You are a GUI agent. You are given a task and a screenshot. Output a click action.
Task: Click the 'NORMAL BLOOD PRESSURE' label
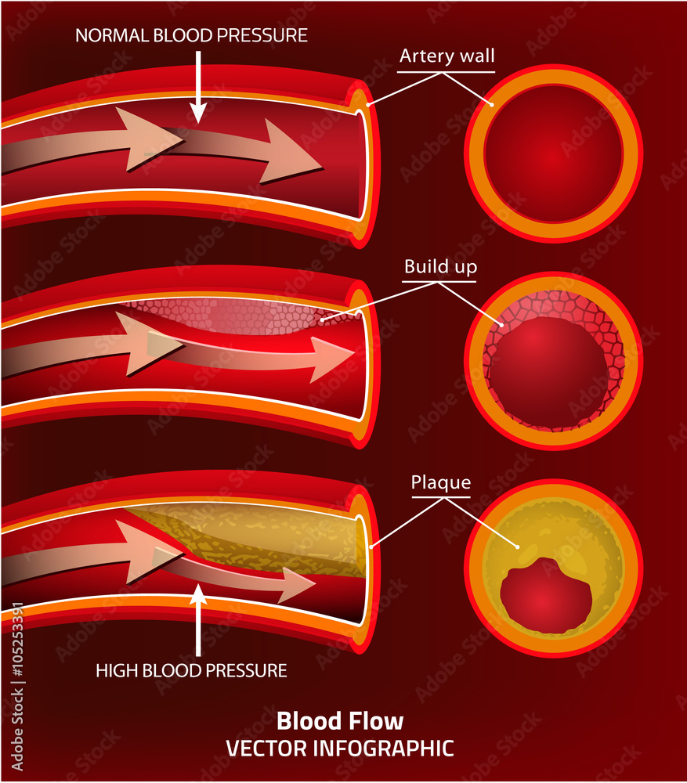191,35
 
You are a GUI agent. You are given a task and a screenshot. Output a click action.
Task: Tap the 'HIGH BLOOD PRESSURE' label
191,670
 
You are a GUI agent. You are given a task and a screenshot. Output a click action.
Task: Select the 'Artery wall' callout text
447,56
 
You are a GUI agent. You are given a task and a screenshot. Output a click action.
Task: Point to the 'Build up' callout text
440,267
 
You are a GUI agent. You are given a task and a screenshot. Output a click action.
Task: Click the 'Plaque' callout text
441,482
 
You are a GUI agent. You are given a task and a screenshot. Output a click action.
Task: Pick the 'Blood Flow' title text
340,720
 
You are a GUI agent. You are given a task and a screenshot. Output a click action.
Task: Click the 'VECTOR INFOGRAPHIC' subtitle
340,748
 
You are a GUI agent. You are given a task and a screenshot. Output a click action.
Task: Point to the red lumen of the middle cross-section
548,372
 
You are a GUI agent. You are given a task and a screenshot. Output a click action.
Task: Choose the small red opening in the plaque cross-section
546,597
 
